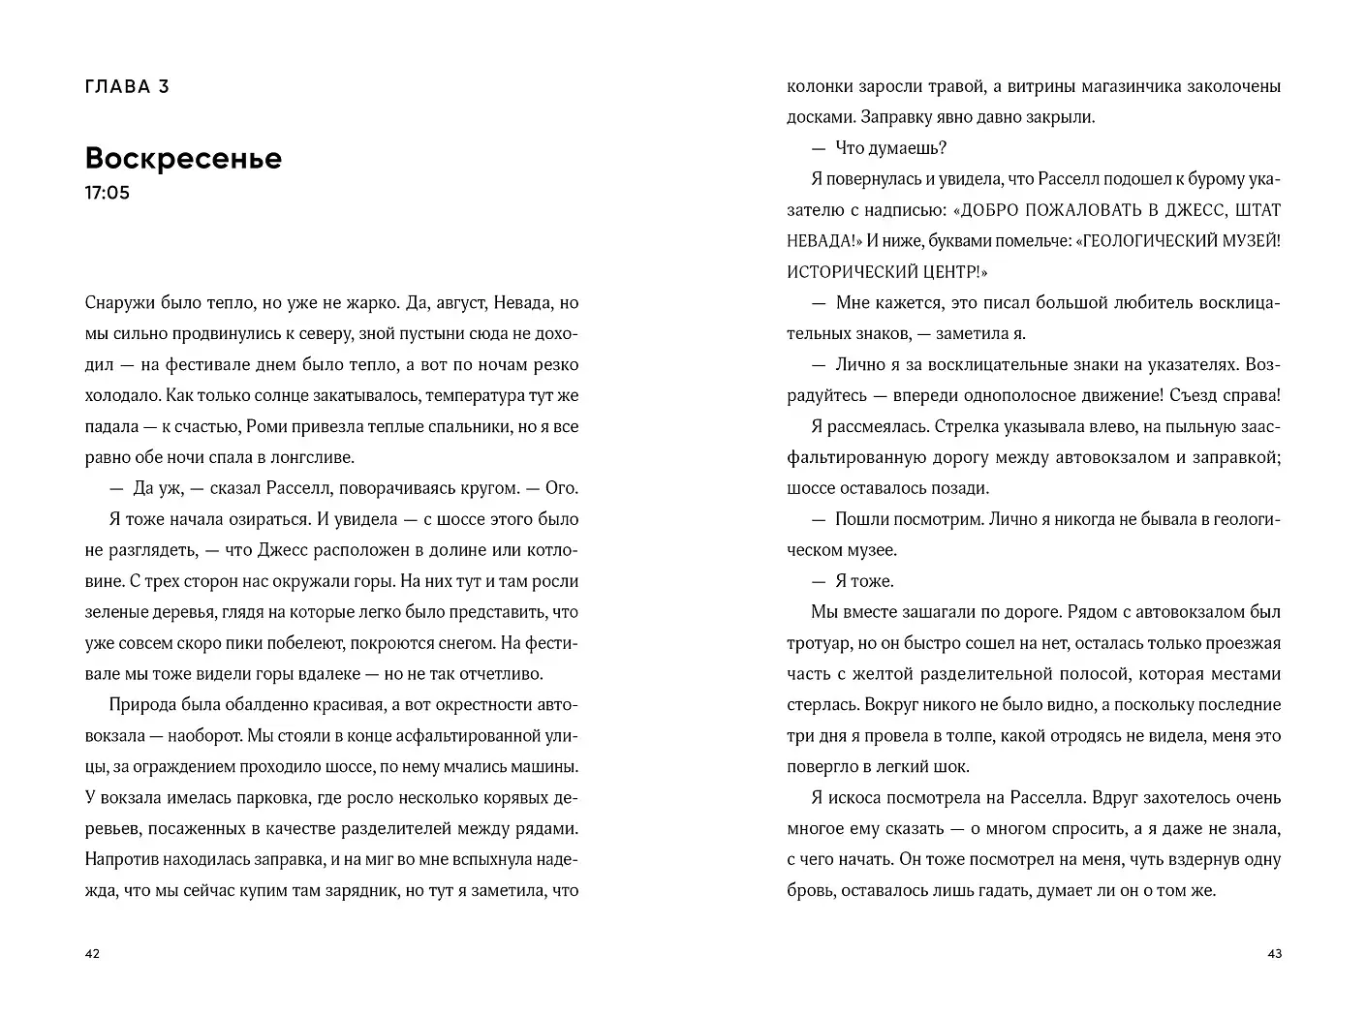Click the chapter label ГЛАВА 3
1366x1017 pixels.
127,86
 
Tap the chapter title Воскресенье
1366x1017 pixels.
183,158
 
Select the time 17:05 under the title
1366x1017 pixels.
107,193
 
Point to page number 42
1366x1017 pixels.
92,954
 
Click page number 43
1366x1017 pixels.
1274,954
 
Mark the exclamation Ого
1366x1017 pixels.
562,488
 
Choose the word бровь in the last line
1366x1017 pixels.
809,890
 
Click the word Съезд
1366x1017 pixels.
1200,395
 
